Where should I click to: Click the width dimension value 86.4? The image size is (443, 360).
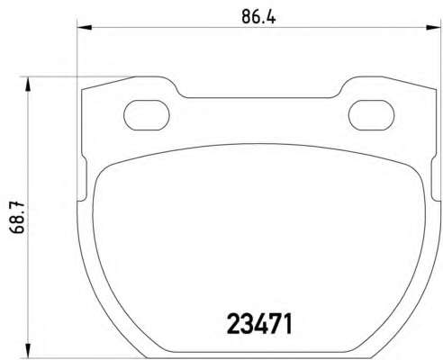(x=258, y=17)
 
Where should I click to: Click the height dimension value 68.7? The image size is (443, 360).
(x=17, y=218)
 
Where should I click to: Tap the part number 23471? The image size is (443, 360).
(x=259, y=324)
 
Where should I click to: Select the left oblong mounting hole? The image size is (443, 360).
(x=147, y=115)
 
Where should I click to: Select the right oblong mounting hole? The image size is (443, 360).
(x=371, y=115)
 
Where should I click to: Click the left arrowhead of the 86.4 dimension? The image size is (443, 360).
(x=85, y=28)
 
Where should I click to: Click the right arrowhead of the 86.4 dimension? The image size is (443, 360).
(x=434, y=28)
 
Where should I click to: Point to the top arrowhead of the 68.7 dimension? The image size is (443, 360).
(x=28, y=84)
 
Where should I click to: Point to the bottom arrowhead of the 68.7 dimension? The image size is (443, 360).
(x=28, y=350)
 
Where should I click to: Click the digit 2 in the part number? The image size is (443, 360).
(x=233, y=324)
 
